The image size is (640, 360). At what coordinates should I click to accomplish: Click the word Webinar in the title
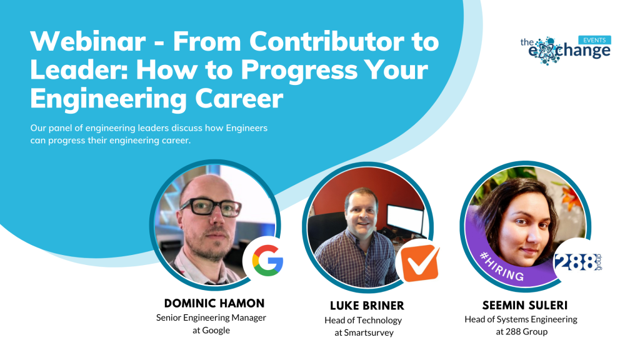pyautogui.click(x=87, y=41)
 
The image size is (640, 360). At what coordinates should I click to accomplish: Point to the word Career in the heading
pyautogui.click(x=239, y=98)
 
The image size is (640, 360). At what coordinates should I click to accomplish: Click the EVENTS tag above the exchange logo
pyautogui.click(x=594, y=40)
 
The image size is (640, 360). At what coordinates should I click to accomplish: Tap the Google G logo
pyautogui.click(x=267, y=261)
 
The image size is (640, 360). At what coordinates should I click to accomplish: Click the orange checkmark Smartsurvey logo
pyautogui.click(x=419, y=263)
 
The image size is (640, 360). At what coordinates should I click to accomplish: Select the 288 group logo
pyautogui.click(x=577, y=262)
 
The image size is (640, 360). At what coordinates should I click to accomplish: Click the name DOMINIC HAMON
pyautogui.click(x=214, y=303)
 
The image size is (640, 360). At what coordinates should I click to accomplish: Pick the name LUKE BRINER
pyautogui.click(x=367, y=306)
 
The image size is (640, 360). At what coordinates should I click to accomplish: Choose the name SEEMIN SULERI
pyautogui.click(x=525, y=305)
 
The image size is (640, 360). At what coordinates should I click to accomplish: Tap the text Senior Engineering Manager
pyautogui.click(x=211, y=318)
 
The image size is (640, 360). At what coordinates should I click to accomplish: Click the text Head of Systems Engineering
pyautogui.click(x=521, y=319)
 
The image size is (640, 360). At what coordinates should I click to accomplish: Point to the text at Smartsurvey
pyautogui.click(x=364, y=332)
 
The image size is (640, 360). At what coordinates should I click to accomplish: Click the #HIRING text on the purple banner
pyautogui.click(x=502, y=266)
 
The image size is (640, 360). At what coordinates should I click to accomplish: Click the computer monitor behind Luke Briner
pyautogui.click(x=405, y=219)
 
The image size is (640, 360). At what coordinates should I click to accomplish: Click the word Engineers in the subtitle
pyautogui.click(x=247, y=128)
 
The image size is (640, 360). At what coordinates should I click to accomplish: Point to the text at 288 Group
pyautogui.click(x=522, y=332)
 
